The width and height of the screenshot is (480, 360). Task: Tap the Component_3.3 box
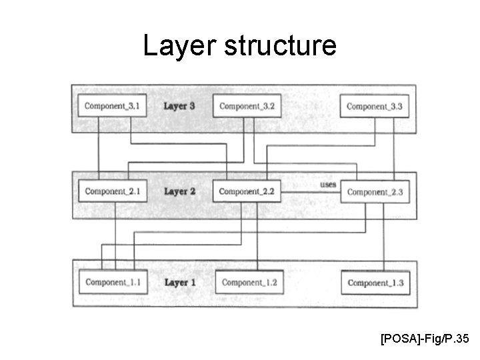point(375,107)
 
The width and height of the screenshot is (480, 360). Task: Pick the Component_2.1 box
point(112,192)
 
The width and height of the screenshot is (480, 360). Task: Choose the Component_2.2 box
point(247,192)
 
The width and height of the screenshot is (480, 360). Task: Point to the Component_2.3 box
point(375,193)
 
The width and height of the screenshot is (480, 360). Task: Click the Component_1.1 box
point(112,283)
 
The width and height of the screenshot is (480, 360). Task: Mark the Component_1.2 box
point(249,283)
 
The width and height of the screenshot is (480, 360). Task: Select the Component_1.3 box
point(375,283)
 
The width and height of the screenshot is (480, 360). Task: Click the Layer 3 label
point(179,106)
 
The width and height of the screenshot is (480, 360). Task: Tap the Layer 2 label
point(179,191)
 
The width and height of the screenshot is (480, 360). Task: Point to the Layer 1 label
point(179,282)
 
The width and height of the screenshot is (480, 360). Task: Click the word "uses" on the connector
point(328,184)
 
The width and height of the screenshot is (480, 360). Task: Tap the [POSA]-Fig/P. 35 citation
point(425,340)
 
